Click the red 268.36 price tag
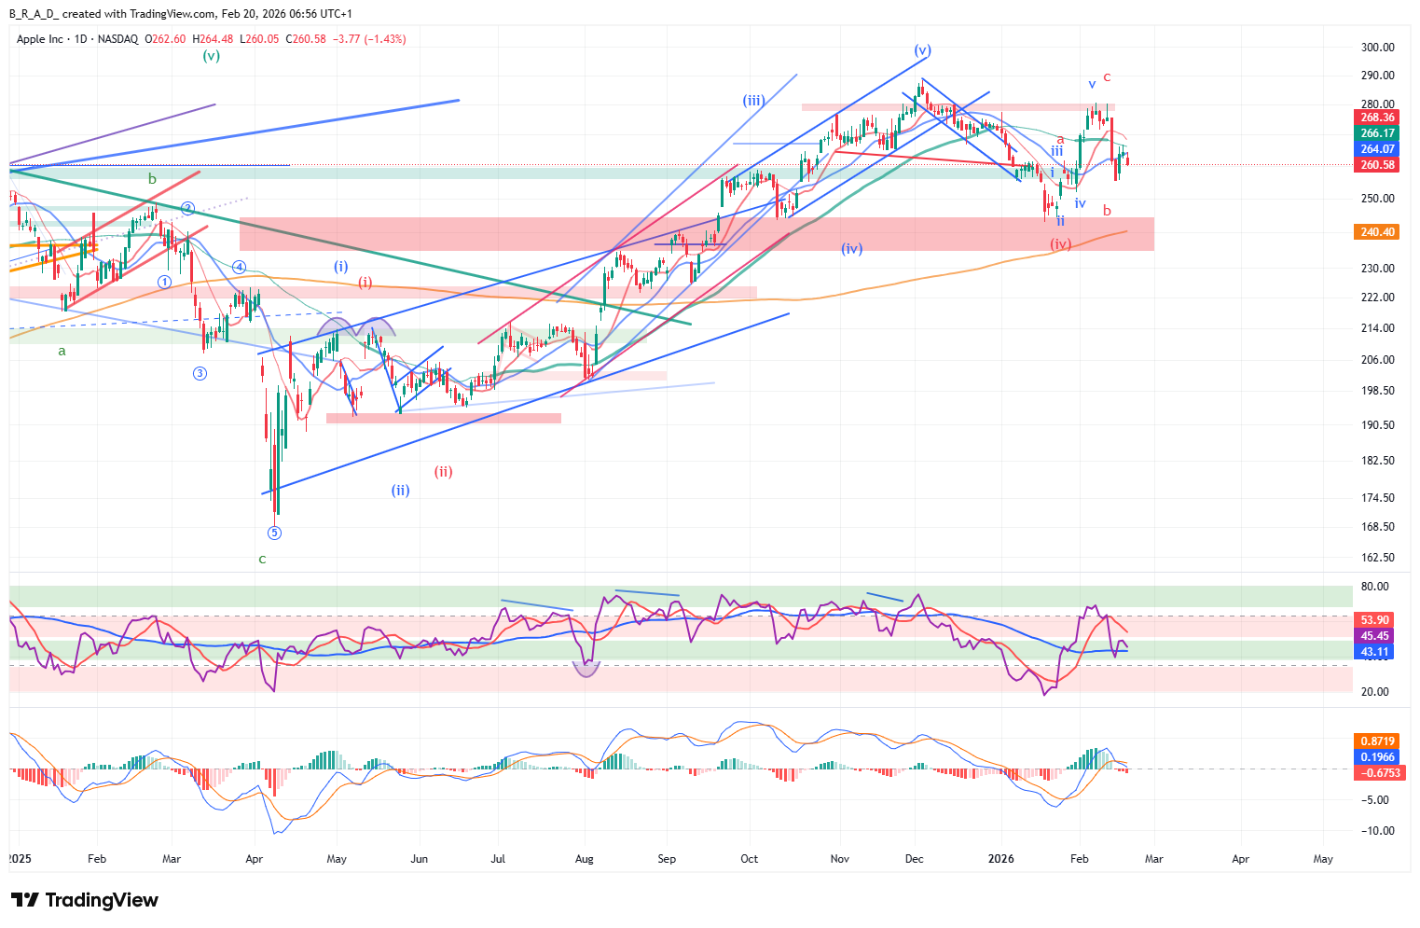1376,118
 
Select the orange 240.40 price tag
1376,232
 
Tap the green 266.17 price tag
1376,133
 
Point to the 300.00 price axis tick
1377,48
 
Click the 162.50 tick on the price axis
1377,558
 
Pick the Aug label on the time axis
585,859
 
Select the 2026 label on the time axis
1001,859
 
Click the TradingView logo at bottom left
85,900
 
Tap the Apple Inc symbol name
40,39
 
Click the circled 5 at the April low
274,533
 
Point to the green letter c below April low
262,560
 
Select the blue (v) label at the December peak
922,50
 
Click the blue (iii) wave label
753,101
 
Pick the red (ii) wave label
443,472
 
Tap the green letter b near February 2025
152,178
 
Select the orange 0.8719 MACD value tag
1376,741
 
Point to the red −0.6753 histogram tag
1376,773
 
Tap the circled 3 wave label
200,374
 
